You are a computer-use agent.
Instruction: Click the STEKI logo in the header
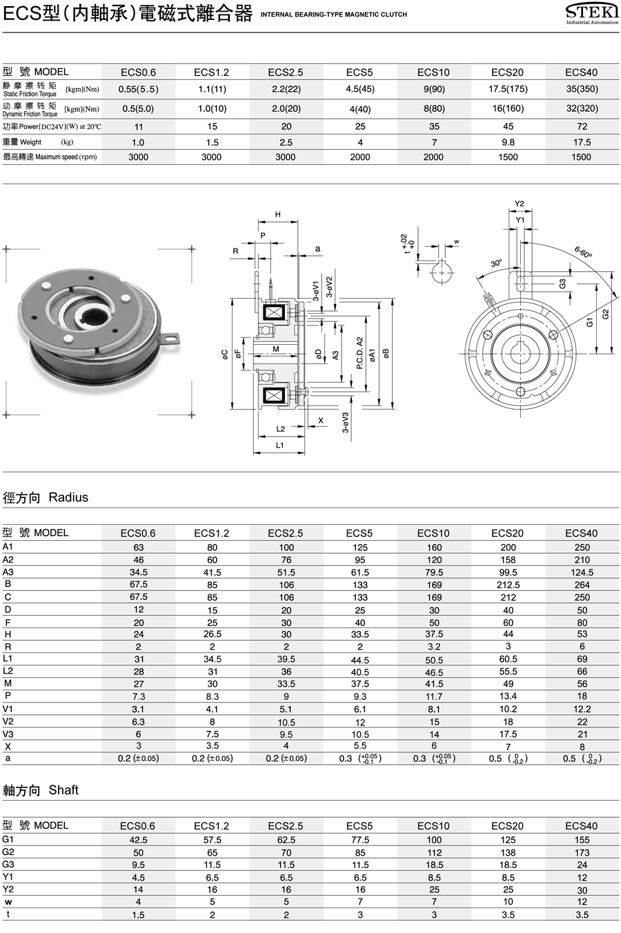pyautogui.click(x=592, y=13)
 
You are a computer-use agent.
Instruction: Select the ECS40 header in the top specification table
pyautogui.click(x=581, y=72)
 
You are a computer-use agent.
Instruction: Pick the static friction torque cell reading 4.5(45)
pyautogui.click(x=359, y=89)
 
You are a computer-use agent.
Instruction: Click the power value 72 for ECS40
pyautogui.click(x=582, y=126)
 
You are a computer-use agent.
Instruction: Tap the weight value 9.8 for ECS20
pyautogui.click(x=508, y=142)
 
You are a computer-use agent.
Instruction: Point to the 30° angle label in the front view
pyautogui.click(x=496, y=263)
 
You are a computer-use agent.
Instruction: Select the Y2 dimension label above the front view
pyautogui.click(x=520, y=204)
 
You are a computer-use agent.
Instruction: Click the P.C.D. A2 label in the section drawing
pyautogui.click(x=359, y=353)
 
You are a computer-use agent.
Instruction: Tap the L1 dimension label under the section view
pyautogui.click(x=280, y=445)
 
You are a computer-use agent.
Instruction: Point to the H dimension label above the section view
pyautogui.click(x=278, y=214)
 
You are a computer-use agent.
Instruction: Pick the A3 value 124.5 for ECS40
pyautogui.click(x=582, y=572)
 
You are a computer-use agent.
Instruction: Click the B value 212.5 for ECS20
pyautogui.click(x=508, y=585)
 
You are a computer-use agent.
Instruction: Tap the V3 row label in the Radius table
pyautogui.click(x=8, y=734)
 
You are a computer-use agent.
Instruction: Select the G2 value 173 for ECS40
pyautogui.click(x=582, y=852)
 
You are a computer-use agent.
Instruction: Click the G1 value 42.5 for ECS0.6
pyautogui.click(x=138, y=840)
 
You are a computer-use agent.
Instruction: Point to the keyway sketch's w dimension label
pyautogui.click(x=456, y=242)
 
